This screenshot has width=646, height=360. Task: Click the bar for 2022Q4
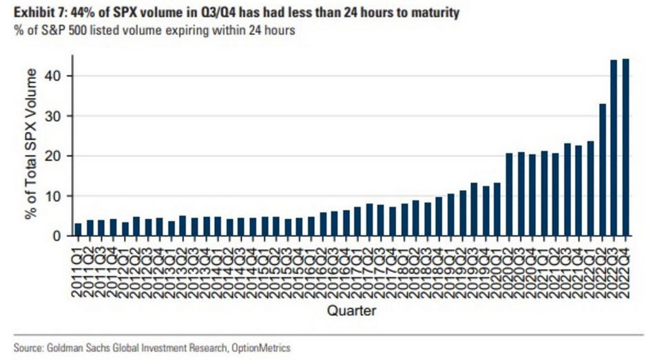coord(625,147)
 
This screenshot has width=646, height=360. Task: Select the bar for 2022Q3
coord(614,148)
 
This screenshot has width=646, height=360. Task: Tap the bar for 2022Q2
coord(602,170)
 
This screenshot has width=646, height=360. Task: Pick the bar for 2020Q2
coord(509,195)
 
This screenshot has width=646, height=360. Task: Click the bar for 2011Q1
coord(78,230)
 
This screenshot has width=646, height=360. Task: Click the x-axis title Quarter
coord(351,311)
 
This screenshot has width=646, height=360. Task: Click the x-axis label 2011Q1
coord(78,268)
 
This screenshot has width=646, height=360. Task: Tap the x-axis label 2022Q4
coord(625,268)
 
